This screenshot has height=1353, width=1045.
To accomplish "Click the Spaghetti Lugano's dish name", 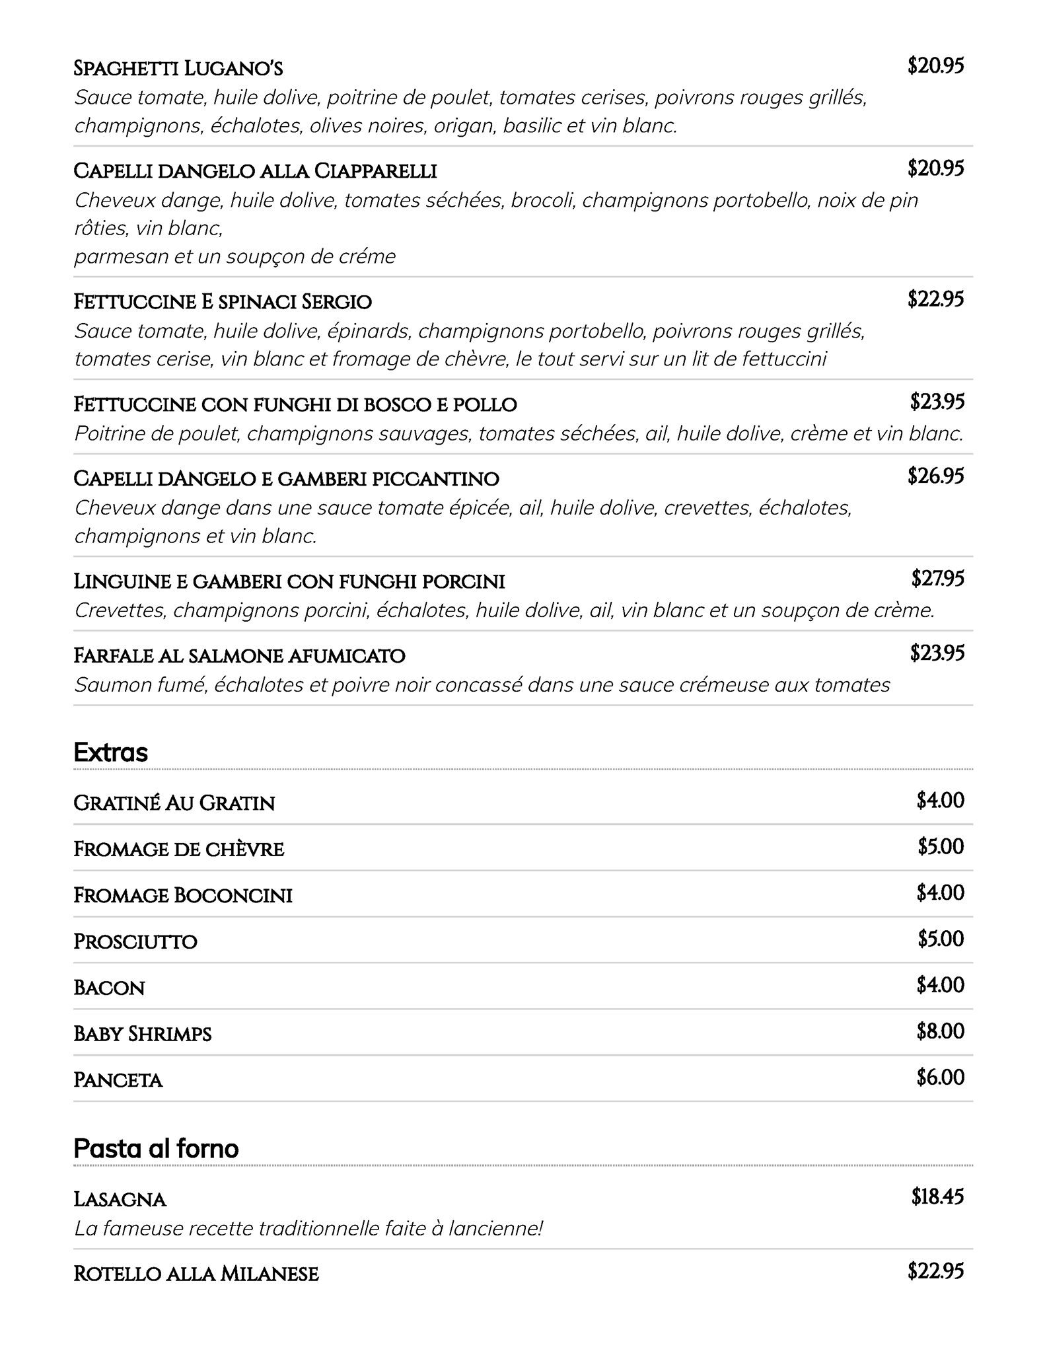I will coord(178,69).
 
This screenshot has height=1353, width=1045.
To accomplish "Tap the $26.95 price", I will coord(935,476).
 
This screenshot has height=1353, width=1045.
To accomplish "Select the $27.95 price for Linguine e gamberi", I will coord(937,579).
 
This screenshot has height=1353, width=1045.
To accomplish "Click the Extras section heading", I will coord(110,752).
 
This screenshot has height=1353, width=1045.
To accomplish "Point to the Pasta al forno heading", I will coord(156,1149).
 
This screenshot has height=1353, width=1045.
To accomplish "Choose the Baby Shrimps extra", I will coord(143,1034).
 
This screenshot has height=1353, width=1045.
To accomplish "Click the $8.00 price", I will coord(940,1031).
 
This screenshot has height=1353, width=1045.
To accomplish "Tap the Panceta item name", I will coord(118,1080).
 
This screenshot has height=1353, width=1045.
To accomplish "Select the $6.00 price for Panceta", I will coord(940,1078).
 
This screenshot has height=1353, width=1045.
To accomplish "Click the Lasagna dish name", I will coord(120,1199).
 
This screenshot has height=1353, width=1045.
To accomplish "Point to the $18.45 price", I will coord(937,1196).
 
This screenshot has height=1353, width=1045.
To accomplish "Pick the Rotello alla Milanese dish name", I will coord(196,1274).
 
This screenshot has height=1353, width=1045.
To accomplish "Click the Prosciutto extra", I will coord(135,941).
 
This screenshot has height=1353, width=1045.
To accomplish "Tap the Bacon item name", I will coord(109,988).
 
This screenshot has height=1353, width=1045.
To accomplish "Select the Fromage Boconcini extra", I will coord(183,895).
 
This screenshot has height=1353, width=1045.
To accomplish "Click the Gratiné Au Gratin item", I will coord(174,803).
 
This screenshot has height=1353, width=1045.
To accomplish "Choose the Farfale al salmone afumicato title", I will coord(239,656).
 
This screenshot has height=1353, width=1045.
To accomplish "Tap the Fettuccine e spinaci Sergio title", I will coord(223,302).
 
